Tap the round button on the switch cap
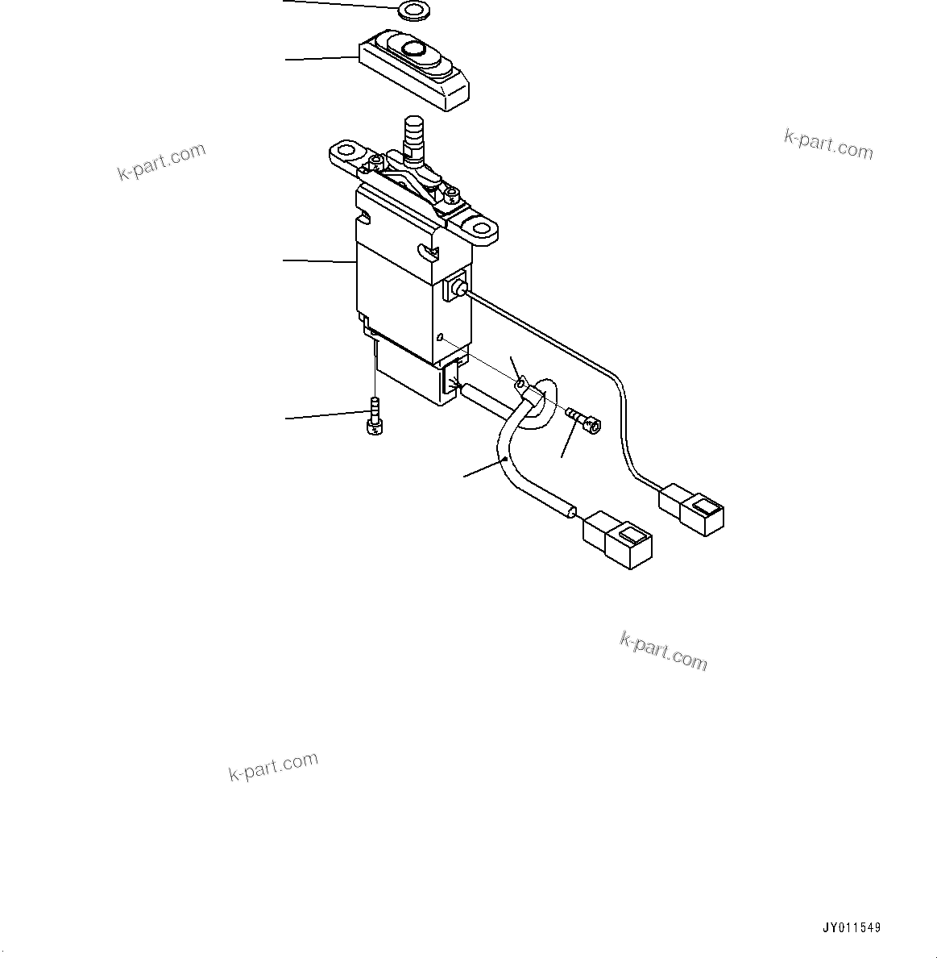tap(415, 50)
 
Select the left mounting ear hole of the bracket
tap(347, 151)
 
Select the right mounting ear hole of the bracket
tap(482, 227)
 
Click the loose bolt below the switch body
tap(375, 416)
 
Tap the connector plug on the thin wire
tap(692, 508)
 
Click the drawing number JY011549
tap(852, 928)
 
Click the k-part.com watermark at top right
tap(828, 144)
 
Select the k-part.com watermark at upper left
tap(161, 161)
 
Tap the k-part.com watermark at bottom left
tap(273, 766)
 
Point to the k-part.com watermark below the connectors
tap(663, 651)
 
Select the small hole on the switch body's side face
tap(440, 337)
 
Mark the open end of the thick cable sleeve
tap(571, 510)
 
